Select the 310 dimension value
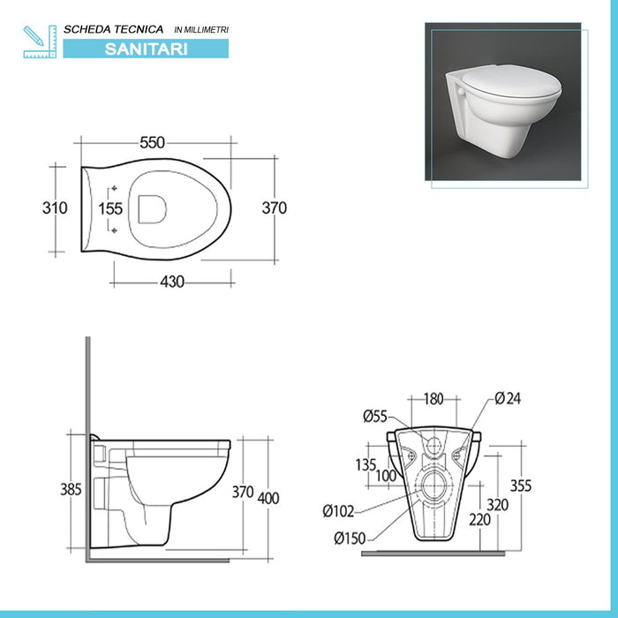click(x=55, y=208)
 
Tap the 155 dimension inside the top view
click(x=110, y=209)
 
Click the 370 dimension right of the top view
click(x=275, y=208)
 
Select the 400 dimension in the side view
click(x=268, y=498)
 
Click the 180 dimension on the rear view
click(x=434, y=400)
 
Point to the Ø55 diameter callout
click(x=375, y=417)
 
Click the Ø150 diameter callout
click(x=350, y=539)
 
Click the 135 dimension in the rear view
click(x=366, y=464)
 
